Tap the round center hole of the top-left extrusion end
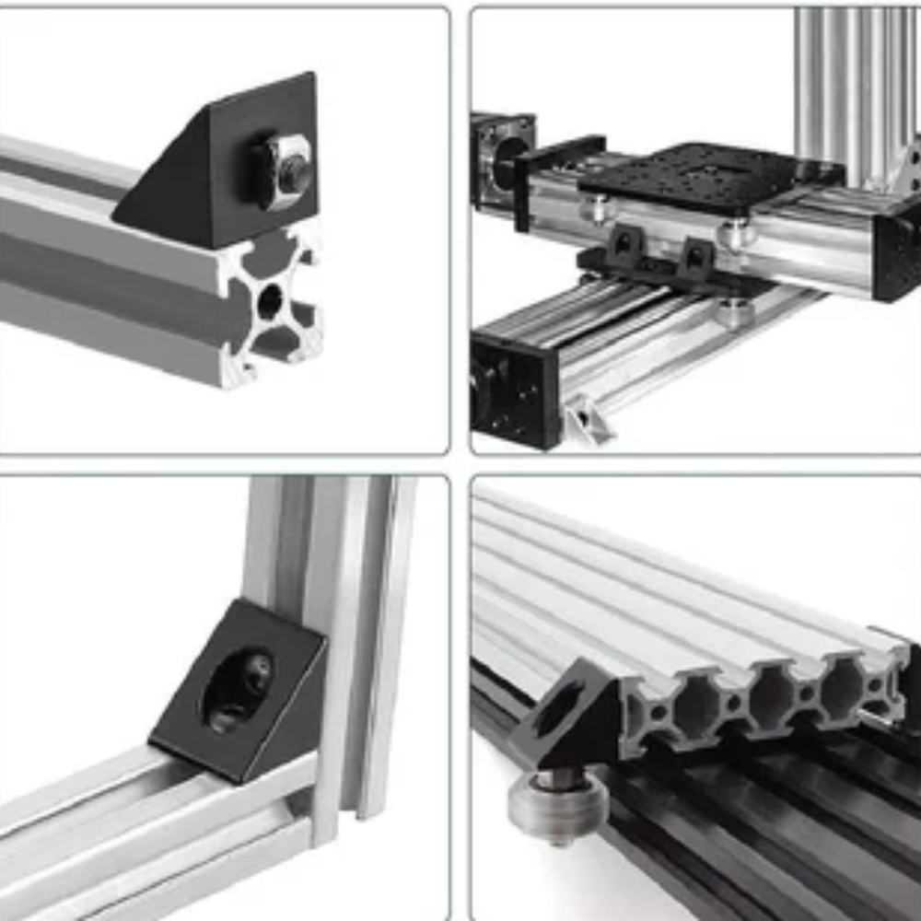click(270, 300)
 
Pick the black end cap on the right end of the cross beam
click(898, 253)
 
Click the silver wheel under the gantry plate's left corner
click(597, 209)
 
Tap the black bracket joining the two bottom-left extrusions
click(239, 691)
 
